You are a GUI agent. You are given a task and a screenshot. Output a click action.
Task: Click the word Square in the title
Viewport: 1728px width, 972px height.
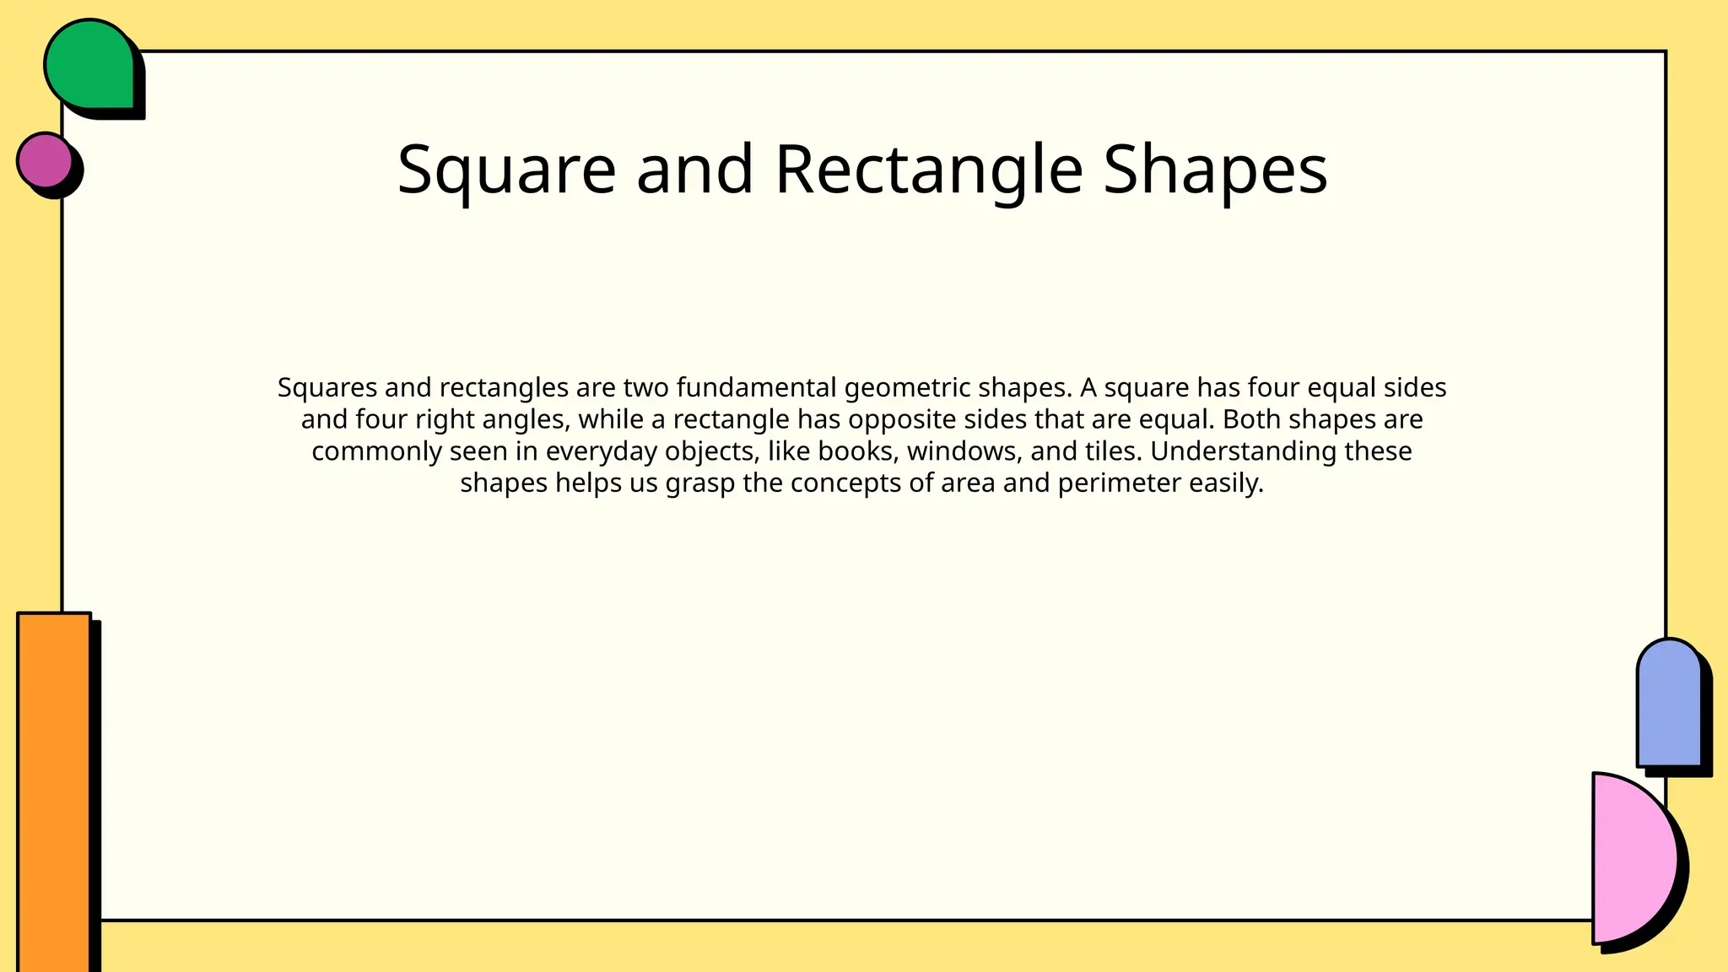tap(506, 170)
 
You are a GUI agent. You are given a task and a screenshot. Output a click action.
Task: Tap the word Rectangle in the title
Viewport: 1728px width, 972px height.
tap(928, 170)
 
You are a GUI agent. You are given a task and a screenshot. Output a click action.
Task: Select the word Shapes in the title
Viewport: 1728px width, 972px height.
tap(1215, 170)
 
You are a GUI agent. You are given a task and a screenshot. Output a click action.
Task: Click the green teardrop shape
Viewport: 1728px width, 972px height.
tap(89, 66)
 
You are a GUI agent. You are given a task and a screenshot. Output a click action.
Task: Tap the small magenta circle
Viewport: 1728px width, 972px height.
tap(46, 159)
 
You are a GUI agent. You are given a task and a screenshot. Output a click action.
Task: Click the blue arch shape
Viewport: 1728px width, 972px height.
tap(1668, 705)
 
